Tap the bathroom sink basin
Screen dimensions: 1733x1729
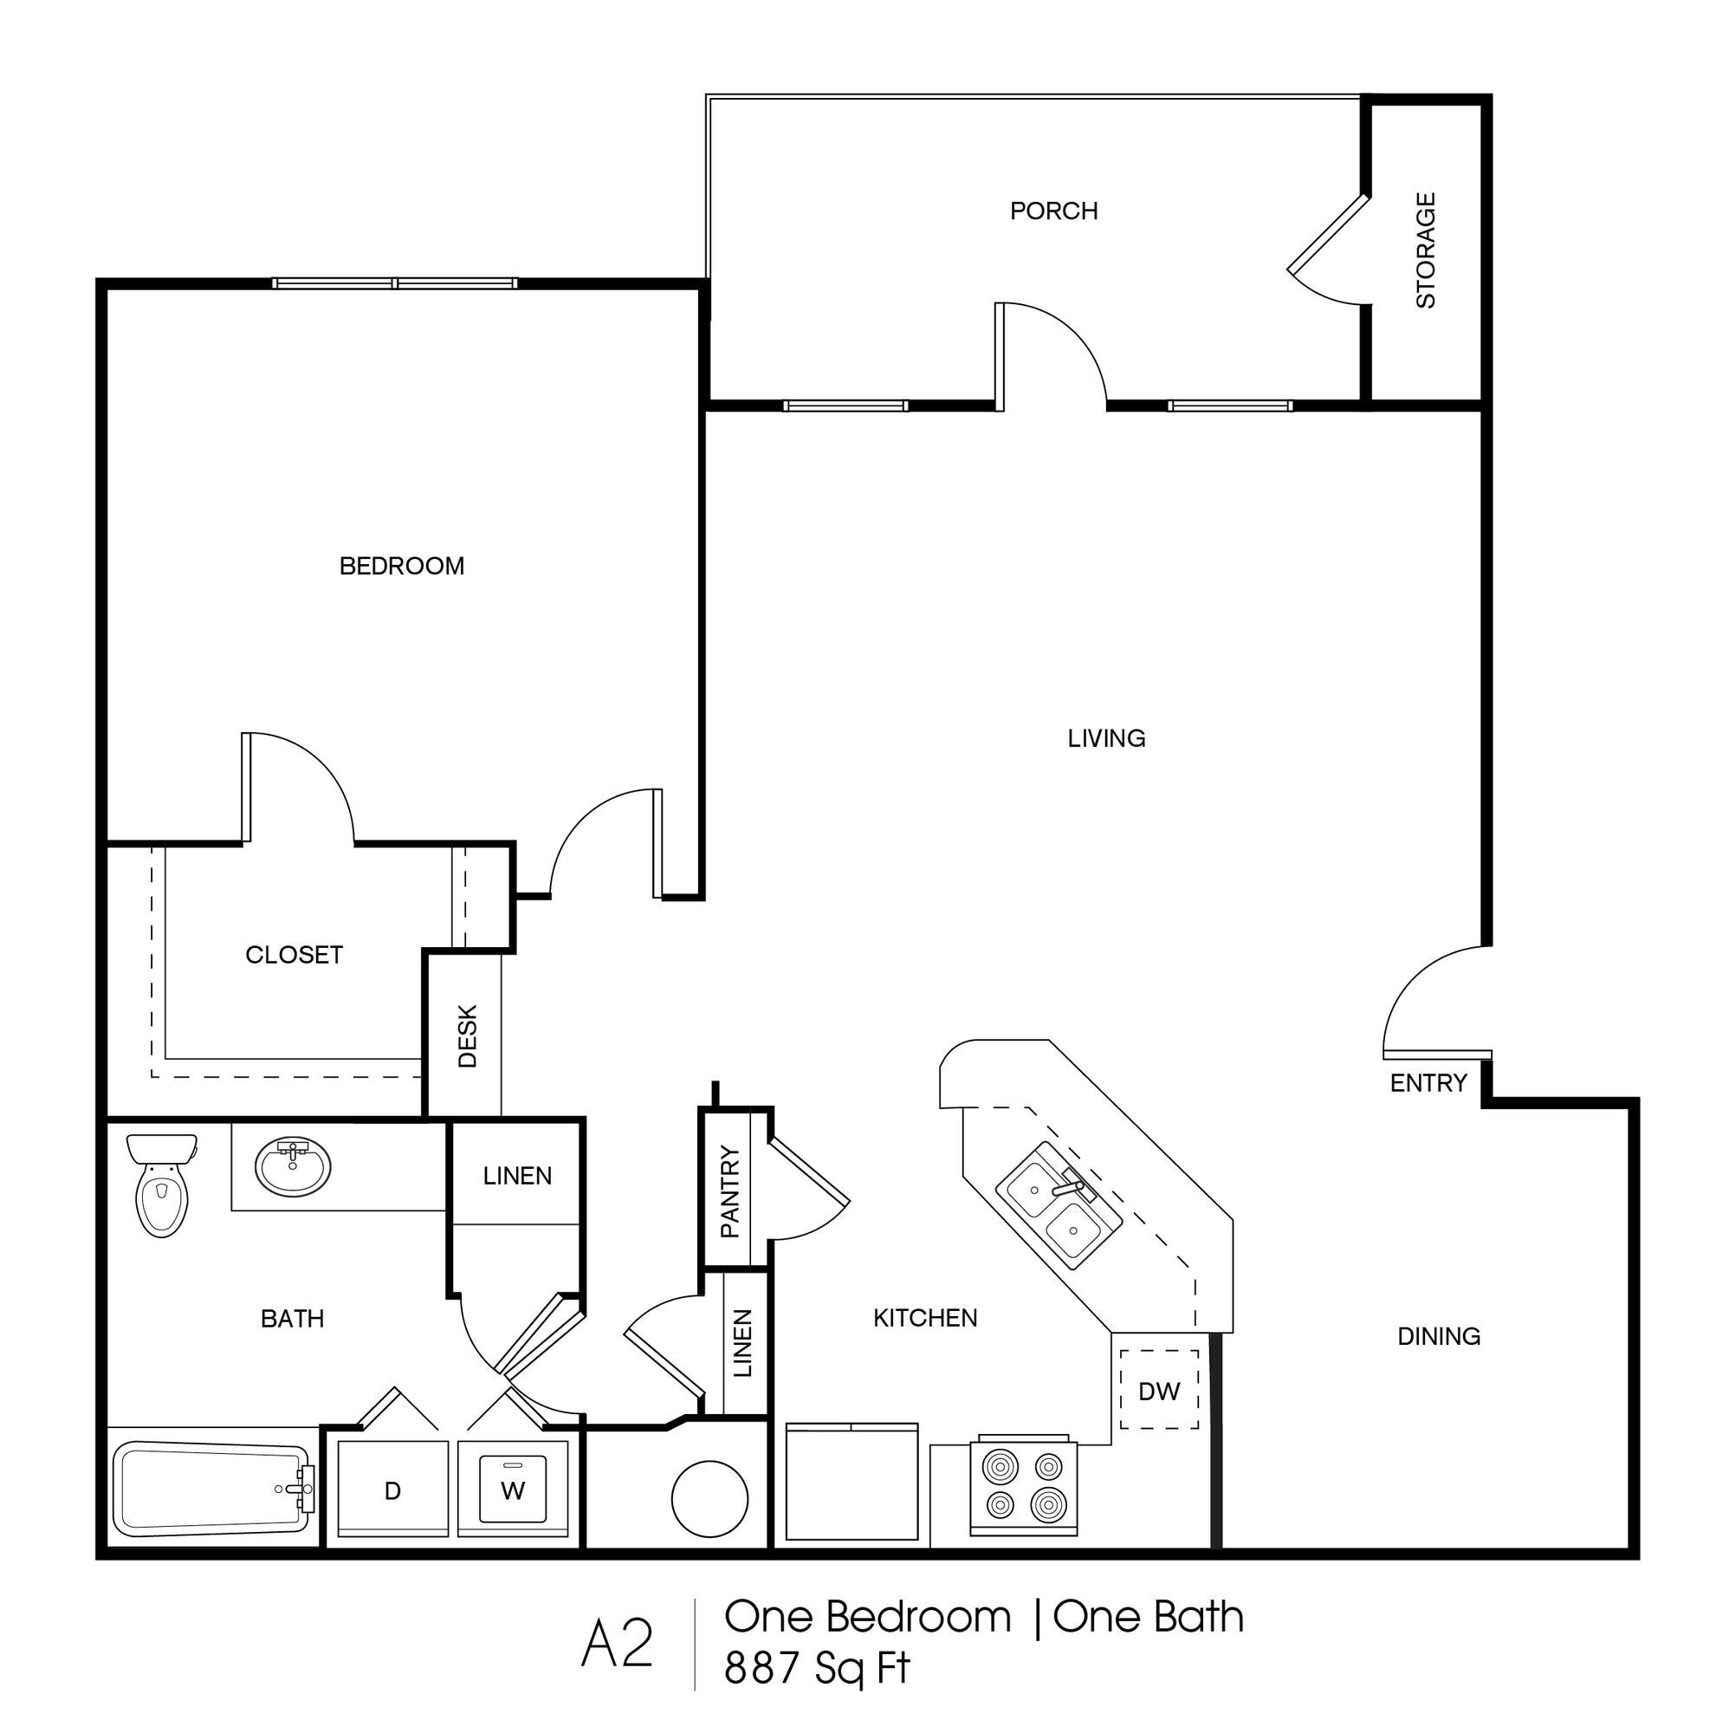tap(292, 1167)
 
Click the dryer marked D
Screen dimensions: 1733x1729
tap(392, 1490)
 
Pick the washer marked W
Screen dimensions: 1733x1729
tap(512, 1490)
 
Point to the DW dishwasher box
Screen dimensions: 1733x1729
tap(1159, 1392)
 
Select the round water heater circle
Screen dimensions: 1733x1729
tap(709, 1498)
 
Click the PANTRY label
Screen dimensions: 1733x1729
tap(730, 1192)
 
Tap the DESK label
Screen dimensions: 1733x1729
tap(467, 1036)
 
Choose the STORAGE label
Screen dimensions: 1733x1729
tap(1425, 250)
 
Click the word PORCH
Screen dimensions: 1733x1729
tap(1052, 211)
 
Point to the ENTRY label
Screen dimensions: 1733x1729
tap(1428, 1082)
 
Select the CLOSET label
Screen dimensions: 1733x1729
tap(295, 954)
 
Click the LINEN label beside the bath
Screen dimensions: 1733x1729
tap(516, 1175)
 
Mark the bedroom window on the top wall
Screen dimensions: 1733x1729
tap(395, 283)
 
